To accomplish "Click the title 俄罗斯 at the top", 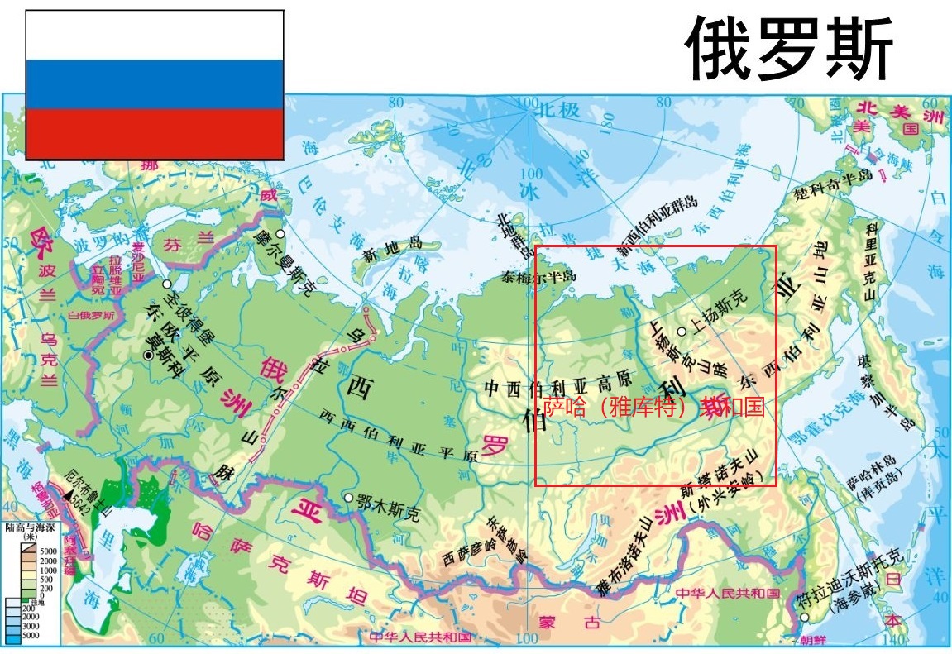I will [790, 50].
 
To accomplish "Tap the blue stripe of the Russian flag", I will [155, 84].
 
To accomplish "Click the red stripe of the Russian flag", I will [155, 133].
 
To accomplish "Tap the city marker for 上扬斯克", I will [681, 332].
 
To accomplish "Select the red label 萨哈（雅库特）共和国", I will [653, 407].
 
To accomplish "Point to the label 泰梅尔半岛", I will [538, 278].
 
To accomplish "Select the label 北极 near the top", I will [556, 108].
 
